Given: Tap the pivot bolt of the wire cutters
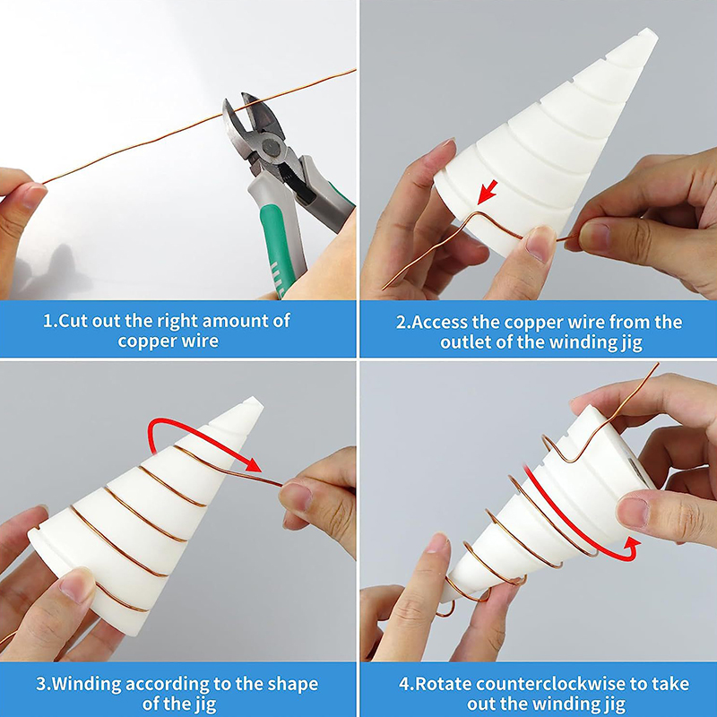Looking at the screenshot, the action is point(270,149).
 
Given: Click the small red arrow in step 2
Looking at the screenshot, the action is point(487,192).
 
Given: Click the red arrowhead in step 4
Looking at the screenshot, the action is point(629,548).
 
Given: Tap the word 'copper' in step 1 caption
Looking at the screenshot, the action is point(145,341).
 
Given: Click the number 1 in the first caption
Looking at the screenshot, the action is point(48,321).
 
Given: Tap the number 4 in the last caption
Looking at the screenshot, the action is point(404,684).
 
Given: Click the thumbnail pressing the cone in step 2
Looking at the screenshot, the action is point(539,243).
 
